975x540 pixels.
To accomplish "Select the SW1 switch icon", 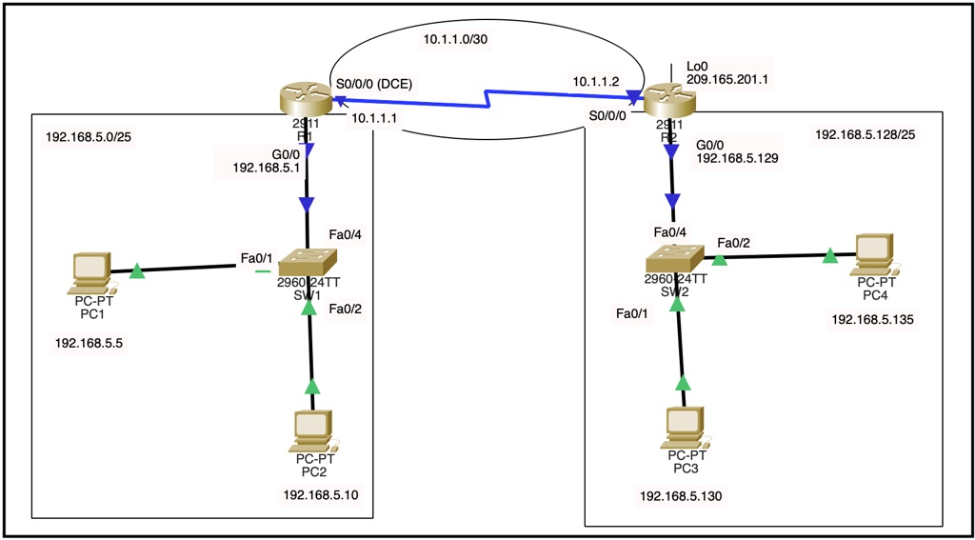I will click(x=306, y=260).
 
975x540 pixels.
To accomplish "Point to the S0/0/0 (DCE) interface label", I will click(x=374, y=83).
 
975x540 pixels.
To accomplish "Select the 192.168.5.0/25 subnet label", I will click(x=89, y=137).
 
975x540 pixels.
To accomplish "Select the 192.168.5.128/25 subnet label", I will click(x=865, y=134).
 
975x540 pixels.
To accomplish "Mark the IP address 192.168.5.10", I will click(x=321, y=494).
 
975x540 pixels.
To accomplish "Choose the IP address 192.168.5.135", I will click(x=872, y=320).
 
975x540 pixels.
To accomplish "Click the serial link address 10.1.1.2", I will click(x=596, y=83).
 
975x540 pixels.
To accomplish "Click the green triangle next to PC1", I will click(x=137, y=271).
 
